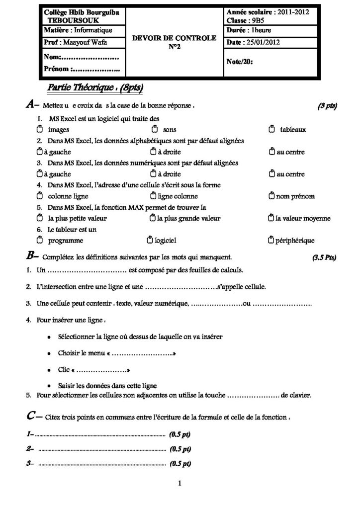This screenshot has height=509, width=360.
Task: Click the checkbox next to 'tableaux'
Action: pos(271,130)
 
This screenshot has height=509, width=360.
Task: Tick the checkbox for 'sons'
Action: pos(154,130)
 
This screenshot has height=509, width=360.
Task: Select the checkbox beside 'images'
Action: pos(40,130)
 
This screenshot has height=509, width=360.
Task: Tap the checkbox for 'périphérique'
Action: pos(271,241)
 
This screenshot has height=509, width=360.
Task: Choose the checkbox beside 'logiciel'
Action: pos(150,241)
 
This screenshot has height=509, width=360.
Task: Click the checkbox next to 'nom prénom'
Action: pos(271,196)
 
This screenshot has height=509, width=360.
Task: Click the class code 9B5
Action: pos(255,21)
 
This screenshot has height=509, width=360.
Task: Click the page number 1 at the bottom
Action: pos(180,482)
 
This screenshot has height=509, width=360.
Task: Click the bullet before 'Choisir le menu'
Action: pos(47,353)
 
